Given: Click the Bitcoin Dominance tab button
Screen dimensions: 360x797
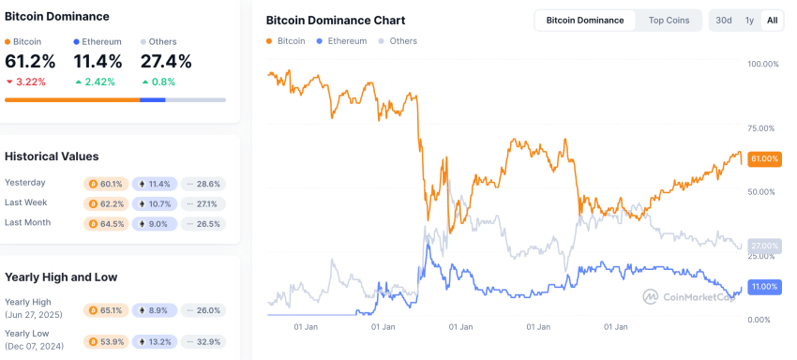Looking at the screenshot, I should (584, 21).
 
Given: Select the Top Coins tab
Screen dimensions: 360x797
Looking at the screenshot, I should (668, 21).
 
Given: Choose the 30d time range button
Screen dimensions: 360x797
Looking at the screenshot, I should (723, 21).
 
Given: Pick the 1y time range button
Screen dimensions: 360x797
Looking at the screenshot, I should (749, 21).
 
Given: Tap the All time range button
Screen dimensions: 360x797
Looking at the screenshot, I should (772, 21).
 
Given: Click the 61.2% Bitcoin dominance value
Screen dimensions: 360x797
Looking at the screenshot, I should (30, 62).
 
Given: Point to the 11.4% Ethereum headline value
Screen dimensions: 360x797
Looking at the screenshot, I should (97, 62).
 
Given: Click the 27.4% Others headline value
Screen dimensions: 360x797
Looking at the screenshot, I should (165, 62).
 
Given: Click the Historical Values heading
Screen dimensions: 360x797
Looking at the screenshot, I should (52, 157).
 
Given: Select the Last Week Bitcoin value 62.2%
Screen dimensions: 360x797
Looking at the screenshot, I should (106, 203).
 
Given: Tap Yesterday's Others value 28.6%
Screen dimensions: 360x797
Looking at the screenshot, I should (202, 184).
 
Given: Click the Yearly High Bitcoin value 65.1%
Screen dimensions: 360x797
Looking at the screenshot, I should (106, 310).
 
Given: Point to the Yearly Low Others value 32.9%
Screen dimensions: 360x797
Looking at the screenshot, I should (202, 342).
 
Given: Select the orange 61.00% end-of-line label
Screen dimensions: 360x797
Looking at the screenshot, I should (764, 159).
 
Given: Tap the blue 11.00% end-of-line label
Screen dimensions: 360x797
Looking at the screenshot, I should (764, 287).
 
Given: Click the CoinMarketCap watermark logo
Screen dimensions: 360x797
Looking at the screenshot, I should (690, 296).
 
